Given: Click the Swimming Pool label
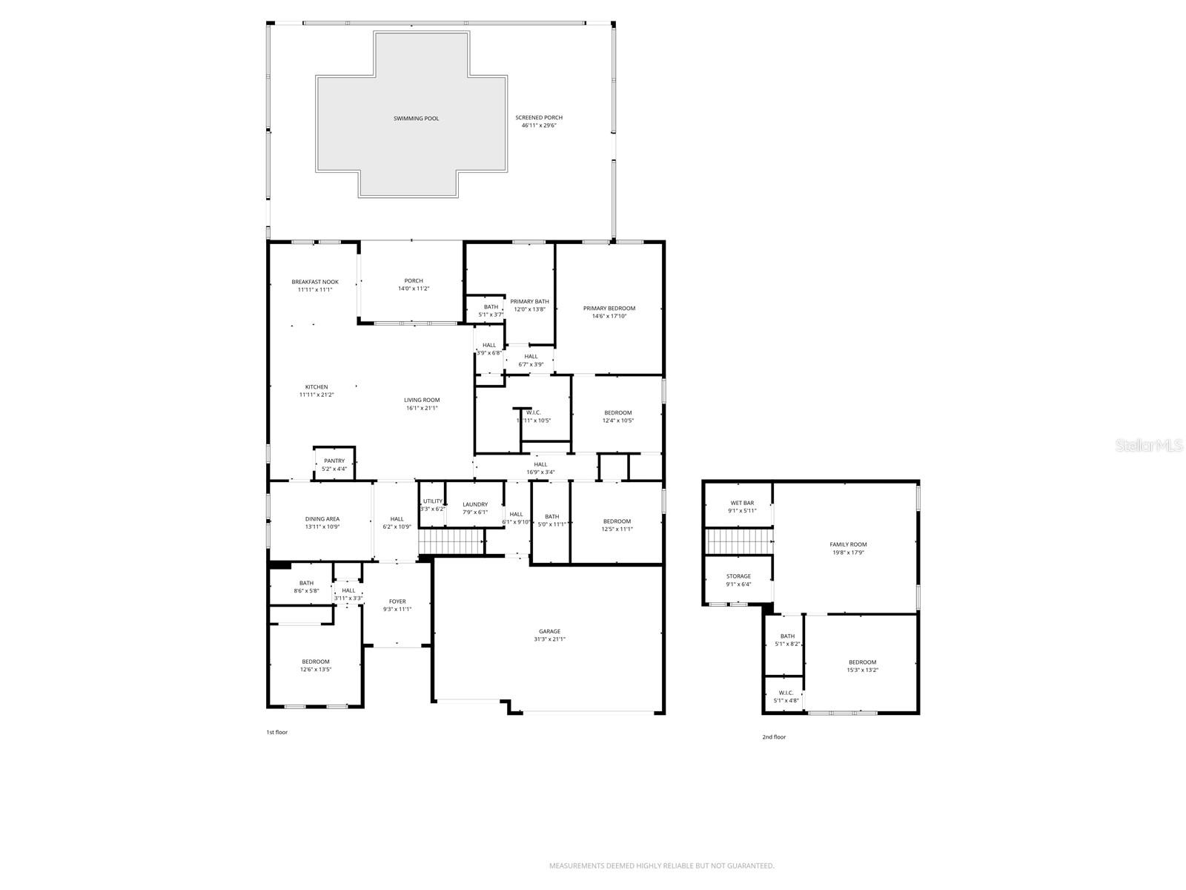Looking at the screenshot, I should point(416,119).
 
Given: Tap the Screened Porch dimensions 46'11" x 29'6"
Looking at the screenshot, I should point(539,126).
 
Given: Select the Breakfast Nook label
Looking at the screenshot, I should point(315,282).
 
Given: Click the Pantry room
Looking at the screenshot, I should point(334,464).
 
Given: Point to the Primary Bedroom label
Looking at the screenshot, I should point(609,309).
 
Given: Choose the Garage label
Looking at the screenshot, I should point(549,631).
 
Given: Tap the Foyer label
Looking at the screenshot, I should point(397,601).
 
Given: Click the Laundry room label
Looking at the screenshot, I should point(475,504).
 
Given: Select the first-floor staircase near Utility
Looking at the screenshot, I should point(451,541).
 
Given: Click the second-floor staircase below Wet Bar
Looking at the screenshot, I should point(738,541).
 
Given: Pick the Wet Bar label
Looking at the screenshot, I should point(742,503).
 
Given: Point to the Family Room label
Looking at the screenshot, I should point(848,544).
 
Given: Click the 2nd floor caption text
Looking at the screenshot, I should point(774,737).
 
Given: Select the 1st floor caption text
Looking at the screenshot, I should point(276,732).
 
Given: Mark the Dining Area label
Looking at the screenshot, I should point(322,519).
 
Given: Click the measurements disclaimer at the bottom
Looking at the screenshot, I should point(661,866).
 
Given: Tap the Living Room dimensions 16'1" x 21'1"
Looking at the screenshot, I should point(422,408).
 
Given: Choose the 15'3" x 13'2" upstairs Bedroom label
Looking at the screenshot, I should point(862,666).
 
